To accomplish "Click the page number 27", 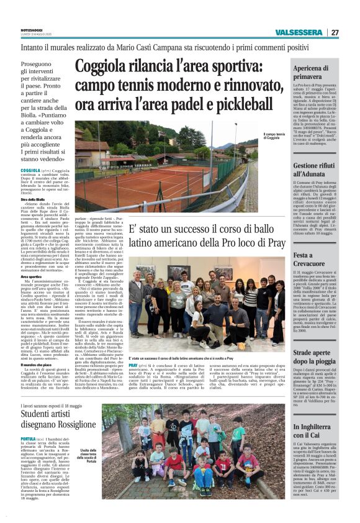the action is tap(335, 32).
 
